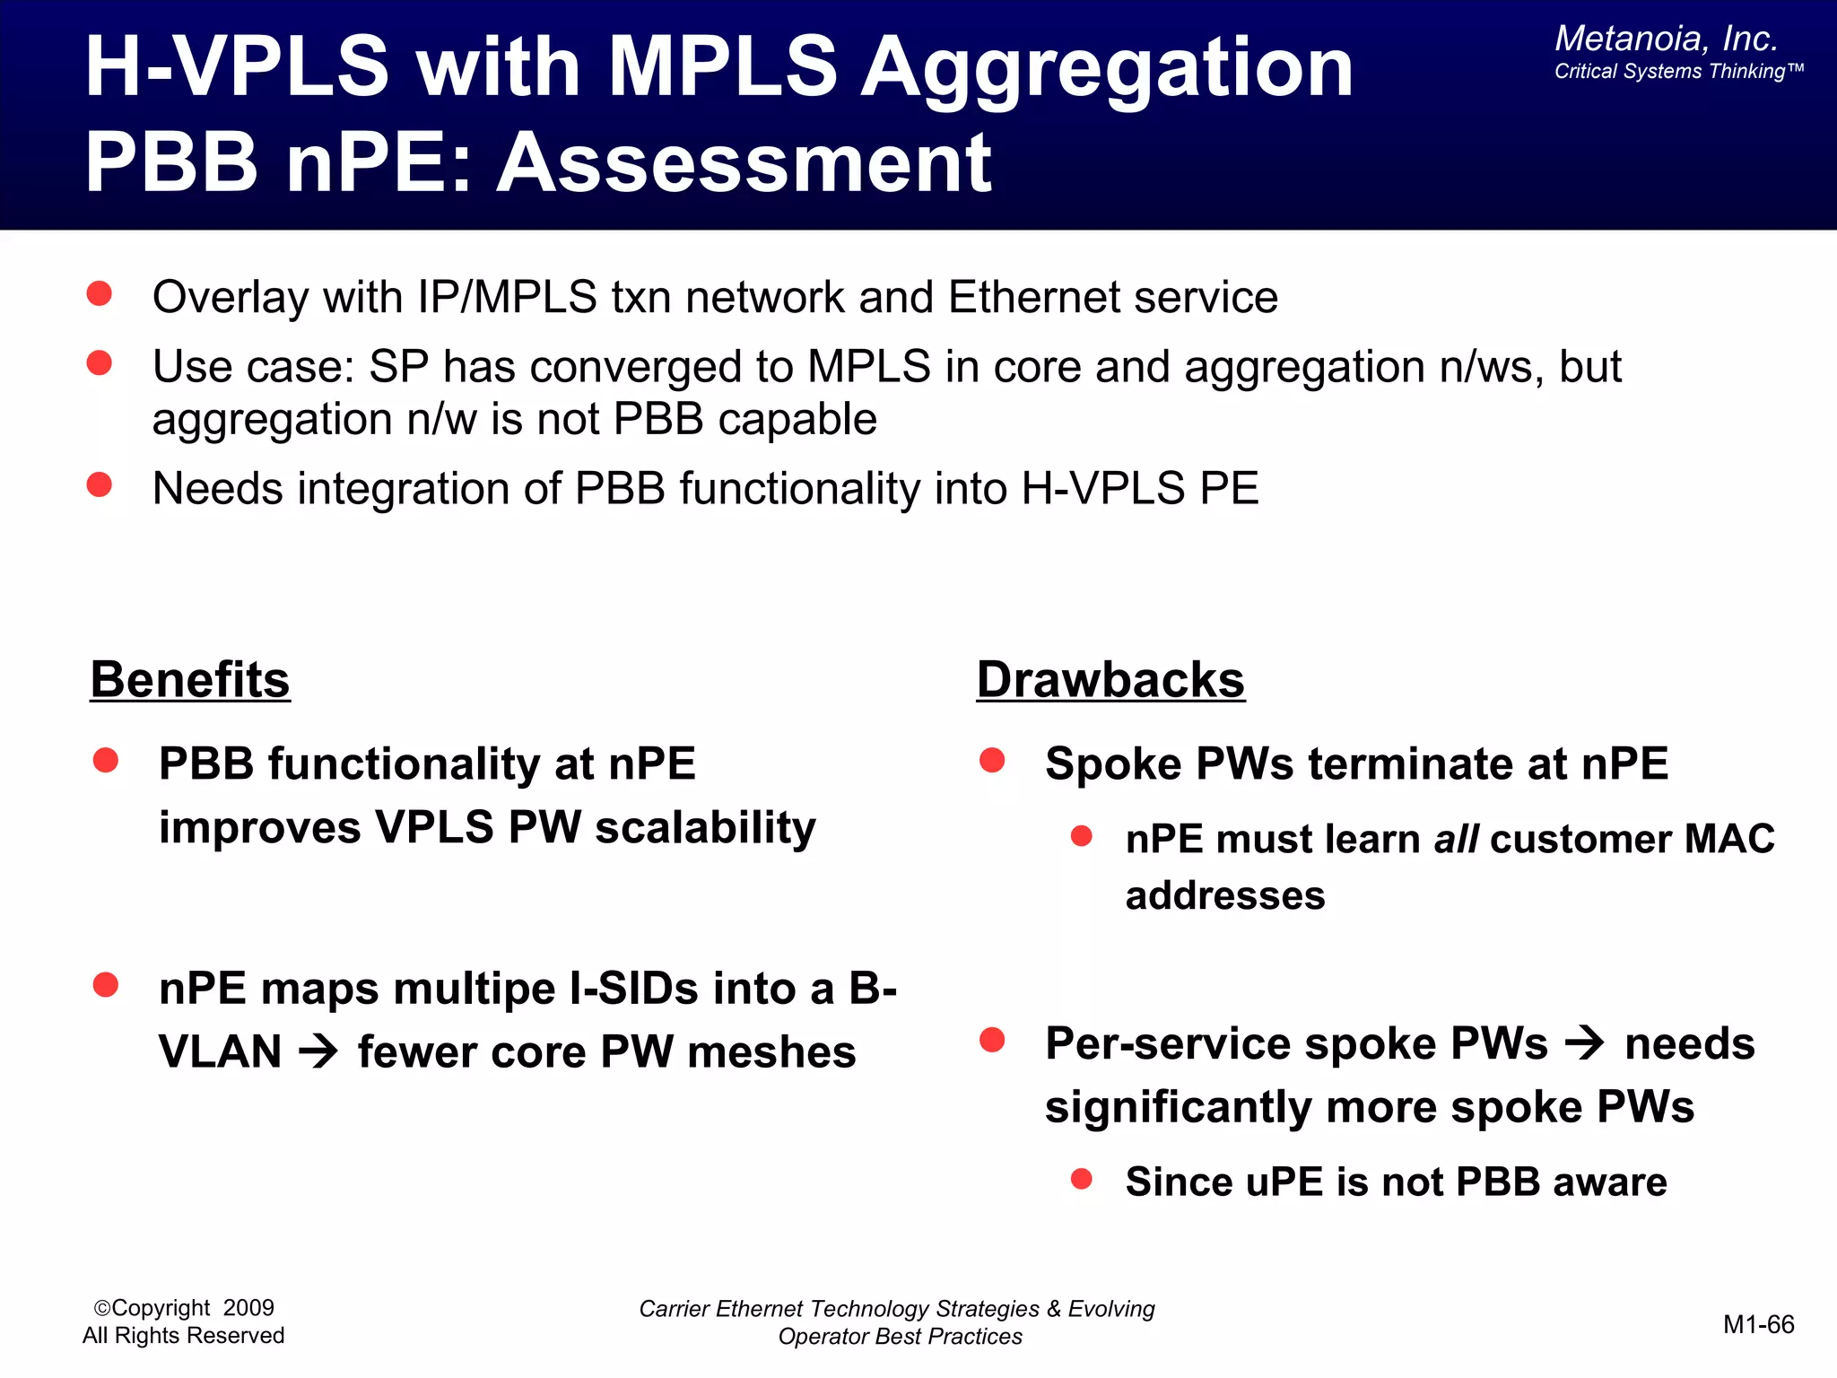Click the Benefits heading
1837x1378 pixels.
tap(190, 680)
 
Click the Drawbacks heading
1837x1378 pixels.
tap(1110, 680)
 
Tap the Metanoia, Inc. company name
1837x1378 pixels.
tap(1666, 39)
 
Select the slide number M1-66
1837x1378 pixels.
tap(1758, 1325)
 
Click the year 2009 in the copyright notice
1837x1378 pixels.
tap(248, 1308)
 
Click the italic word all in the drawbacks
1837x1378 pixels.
tap(1455, 840)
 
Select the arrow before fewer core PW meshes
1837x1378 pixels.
tap(318, 1051)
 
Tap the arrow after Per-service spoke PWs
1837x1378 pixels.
tap(1585, 1043)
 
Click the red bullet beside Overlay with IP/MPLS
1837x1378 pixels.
tap(99, 293)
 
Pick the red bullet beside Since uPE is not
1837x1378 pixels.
tap(1082, 1179)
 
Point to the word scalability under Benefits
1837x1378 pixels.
tap(706, 827)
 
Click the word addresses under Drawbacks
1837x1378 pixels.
tap(1225, 896)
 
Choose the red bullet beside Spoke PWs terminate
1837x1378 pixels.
tap(992, 761)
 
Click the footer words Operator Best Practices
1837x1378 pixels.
tap(900, 1337)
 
